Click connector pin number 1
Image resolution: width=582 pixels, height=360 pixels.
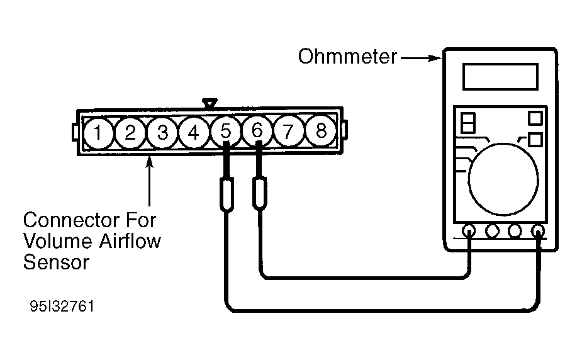click(98, 133)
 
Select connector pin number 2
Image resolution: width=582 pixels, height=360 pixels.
click(130, 133)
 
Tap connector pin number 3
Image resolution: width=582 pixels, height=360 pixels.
click(162, 133)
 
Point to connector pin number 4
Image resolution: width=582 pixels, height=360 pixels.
click(193, 133)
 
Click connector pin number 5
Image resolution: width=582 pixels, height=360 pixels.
click(225, 132)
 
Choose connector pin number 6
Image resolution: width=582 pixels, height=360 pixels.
click(257, 131)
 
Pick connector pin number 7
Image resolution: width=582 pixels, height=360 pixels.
click(288, 132)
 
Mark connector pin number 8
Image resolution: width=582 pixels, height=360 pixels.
click(321, 131)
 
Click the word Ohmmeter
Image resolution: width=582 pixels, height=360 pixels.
click(347, 57)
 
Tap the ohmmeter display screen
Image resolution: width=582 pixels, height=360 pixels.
click(500, 77)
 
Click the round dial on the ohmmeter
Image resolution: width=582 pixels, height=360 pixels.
click(503, 179)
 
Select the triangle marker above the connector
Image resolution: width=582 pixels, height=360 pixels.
click(210, 104)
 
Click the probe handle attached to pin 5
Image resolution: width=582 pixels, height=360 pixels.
click(227, 194)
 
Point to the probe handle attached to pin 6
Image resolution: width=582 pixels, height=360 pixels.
click(259, 193)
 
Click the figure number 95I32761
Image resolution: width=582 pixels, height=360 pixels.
click(62, 307)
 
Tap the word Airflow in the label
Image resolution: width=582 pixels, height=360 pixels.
click(130, 241)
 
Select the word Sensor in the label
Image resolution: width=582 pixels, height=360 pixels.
click(56, 262)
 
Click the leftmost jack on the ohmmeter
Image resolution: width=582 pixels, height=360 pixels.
click(469, 231)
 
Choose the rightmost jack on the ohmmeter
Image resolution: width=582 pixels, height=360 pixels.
click(538, 231)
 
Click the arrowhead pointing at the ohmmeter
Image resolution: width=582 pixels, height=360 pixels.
click(435, 59)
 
